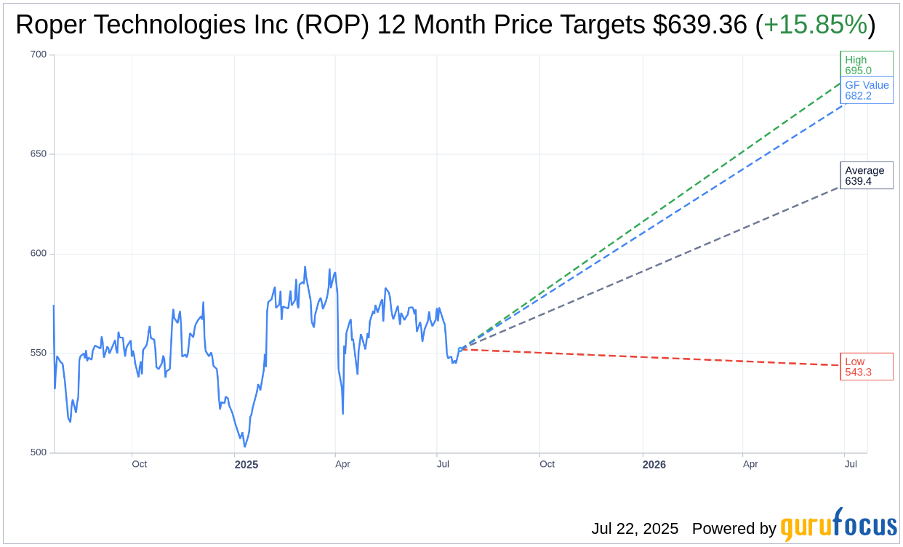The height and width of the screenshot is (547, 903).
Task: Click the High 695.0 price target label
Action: coord(866,65)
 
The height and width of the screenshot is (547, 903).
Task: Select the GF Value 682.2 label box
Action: coord(866,90)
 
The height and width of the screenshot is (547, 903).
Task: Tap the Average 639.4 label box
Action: coord(866,175)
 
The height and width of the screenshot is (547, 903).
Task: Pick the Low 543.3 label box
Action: coord(866,367)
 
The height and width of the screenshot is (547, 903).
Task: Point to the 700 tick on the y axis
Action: coord(38,55)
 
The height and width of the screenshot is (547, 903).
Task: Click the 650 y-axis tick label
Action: coord(38,154)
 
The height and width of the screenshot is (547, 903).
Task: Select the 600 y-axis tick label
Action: coord(38,254)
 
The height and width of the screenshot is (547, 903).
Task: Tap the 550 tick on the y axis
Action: coord(38,354)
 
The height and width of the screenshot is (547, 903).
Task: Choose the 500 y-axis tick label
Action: coord(38,452)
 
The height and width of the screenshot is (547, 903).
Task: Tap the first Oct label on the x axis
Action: coord(139,464)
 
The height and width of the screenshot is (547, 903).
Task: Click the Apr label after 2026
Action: coord(750,464)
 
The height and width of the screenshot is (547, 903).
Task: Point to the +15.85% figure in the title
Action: coord(814,25)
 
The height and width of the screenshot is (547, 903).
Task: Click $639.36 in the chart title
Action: coord(699,25)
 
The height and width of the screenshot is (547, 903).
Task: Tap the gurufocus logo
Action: coord(838,524)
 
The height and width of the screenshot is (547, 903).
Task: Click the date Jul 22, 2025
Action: coord(635,529)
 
